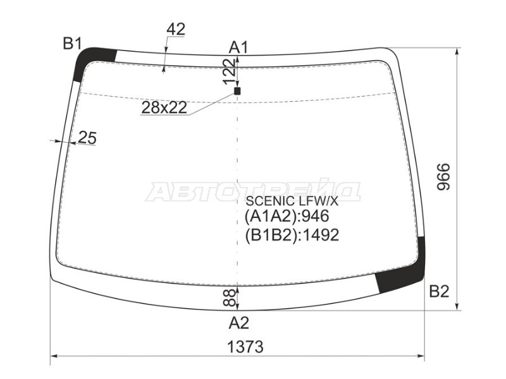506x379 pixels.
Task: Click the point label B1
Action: pyautogui.click(x=73, y=43)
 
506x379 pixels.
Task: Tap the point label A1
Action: pyautogui.click(x=238, y=48)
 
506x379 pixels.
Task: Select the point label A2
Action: pyautogui.click(x=239, y=323)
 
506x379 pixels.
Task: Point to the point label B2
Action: pyautogui.click(x=439, y=291)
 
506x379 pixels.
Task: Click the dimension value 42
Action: pyautogui.click(x=176, y=29)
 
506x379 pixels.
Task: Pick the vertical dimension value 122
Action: pyautogui.click(x=230, y=71)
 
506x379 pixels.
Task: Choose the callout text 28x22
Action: pyautogui.click(x=164, y=107)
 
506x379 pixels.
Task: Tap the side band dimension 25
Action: pyautogui.click(x=87, y=138)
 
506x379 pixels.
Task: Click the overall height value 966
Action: pyautogui.click(x=443, y=177)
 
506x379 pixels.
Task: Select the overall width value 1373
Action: pyautogui.click(x=245, y=347)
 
